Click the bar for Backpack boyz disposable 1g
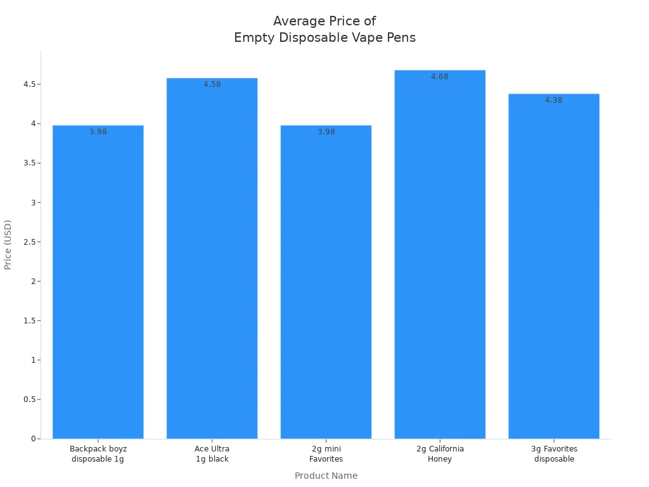(98, 282)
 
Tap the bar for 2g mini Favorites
(326, 282)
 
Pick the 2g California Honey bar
(440, 254)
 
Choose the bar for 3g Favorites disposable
(554, 266)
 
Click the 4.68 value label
(440, 77)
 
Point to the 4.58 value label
(212, 84)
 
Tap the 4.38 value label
(554, 100)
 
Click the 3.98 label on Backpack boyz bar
(98, 132)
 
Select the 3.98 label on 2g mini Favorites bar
(326, 132)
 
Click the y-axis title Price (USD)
(8, 245)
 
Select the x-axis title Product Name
(326, 476)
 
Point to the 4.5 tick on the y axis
(28, 84)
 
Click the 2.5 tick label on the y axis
(28, 242)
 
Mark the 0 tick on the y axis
(32, 439)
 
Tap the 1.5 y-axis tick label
(28, 321)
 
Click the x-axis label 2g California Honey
(440, 454)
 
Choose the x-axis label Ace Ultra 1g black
(212, 454)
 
